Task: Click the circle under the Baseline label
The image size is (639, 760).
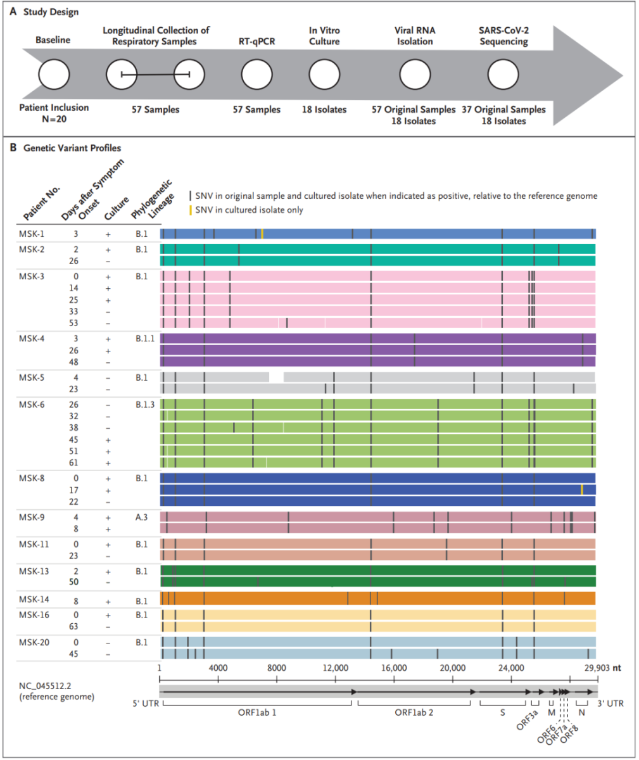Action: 53,75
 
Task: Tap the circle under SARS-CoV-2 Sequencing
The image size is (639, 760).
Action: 503,75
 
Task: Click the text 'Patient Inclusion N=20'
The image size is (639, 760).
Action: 54,113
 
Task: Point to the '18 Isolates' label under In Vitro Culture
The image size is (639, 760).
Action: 324,110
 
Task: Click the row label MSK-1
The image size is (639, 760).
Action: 32,233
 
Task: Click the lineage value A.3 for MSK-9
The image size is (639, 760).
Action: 142,517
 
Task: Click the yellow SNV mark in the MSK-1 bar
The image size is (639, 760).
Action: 262,233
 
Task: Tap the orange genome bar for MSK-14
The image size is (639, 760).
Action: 378,598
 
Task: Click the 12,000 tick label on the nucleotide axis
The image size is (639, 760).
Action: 336,668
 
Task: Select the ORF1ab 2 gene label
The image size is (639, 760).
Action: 414,712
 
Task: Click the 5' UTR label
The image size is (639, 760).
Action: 144,703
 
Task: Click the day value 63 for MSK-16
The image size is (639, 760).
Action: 75,626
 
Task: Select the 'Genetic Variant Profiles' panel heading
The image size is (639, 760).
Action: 72,148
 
